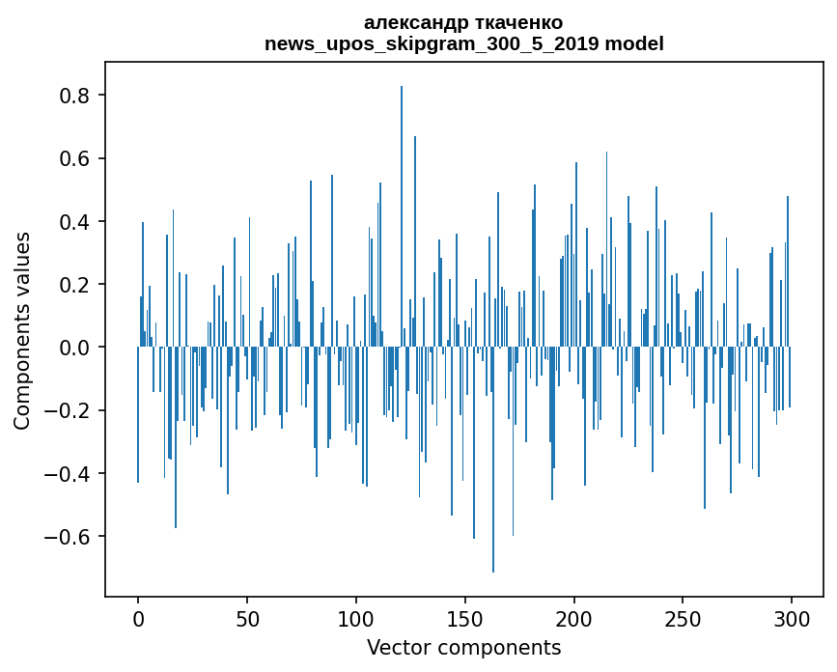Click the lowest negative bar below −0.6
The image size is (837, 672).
click(493, 463)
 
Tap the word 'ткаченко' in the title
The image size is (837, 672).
click(515, 22)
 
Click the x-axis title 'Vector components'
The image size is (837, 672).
click(463, 647)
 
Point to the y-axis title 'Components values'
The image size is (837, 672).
click(22, 330)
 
